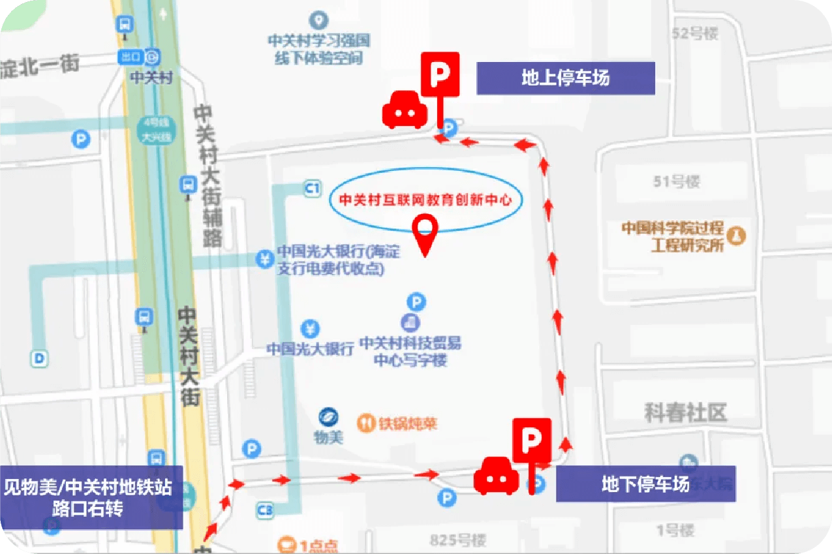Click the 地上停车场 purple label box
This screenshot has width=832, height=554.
coord(565,78)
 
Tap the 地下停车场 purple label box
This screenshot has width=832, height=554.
coord(645,484)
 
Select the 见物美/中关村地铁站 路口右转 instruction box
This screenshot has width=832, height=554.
coord(91,497)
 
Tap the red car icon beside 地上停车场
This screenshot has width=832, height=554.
coord(405,110)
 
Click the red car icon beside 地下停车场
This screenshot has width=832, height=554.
coord(497,476)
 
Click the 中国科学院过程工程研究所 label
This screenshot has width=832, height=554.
coord(673,236)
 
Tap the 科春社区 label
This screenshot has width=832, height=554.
coord(685,412)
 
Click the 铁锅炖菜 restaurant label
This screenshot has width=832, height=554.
coord(407,423)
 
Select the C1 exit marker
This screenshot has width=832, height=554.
coord(313,189)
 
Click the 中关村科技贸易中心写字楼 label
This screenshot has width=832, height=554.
coord(410,351)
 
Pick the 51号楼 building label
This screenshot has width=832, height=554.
coord(676,181)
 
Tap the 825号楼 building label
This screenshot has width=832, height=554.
coord(458,540)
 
